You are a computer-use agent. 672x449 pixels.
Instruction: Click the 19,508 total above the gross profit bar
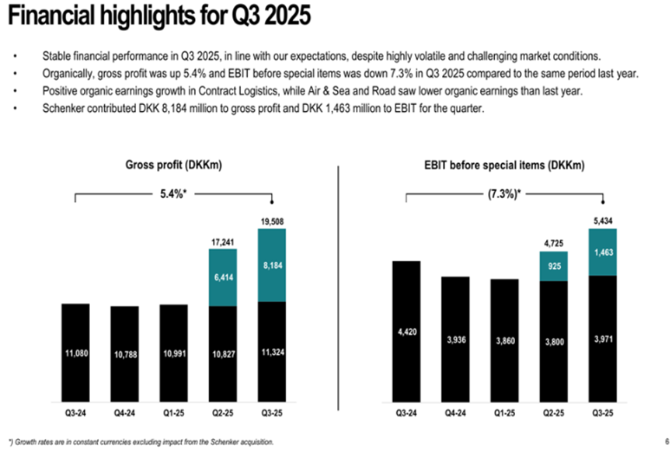pos(272,221)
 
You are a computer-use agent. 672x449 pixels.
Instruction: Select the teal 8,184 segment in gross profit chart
pos(272,265)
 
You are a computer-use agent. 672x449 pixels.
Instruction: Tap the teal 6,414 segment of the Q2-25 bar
pos(223,276)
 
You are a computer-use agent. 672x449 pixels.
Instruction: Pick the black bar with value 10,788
pos(124,353)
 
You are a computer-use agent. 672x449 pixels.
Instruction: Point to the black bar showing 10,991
pos(173,353)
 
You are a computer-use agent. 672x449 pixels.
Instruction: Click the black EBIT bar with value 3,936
pos(455,340)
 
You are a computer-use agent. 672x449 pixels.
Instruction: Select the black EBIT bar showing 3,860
pos(504,342)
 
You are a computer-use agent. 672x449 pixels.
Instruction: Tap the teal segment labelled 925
pos(553,266)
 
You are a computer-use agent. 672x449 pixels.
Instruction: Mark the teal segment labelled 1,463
pos(602,252)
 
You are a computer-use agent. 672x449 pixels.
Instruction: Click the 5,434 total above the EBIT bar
pos(602,221)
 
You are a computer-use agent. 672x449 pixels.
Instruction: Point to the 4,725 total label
pos(553,244)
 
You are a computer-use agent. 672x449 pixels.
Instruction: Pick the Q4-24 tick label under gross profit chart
pos(124,412)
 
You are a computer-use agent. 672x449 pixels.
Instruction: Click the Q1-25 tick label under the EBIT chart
pos(504,412)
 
